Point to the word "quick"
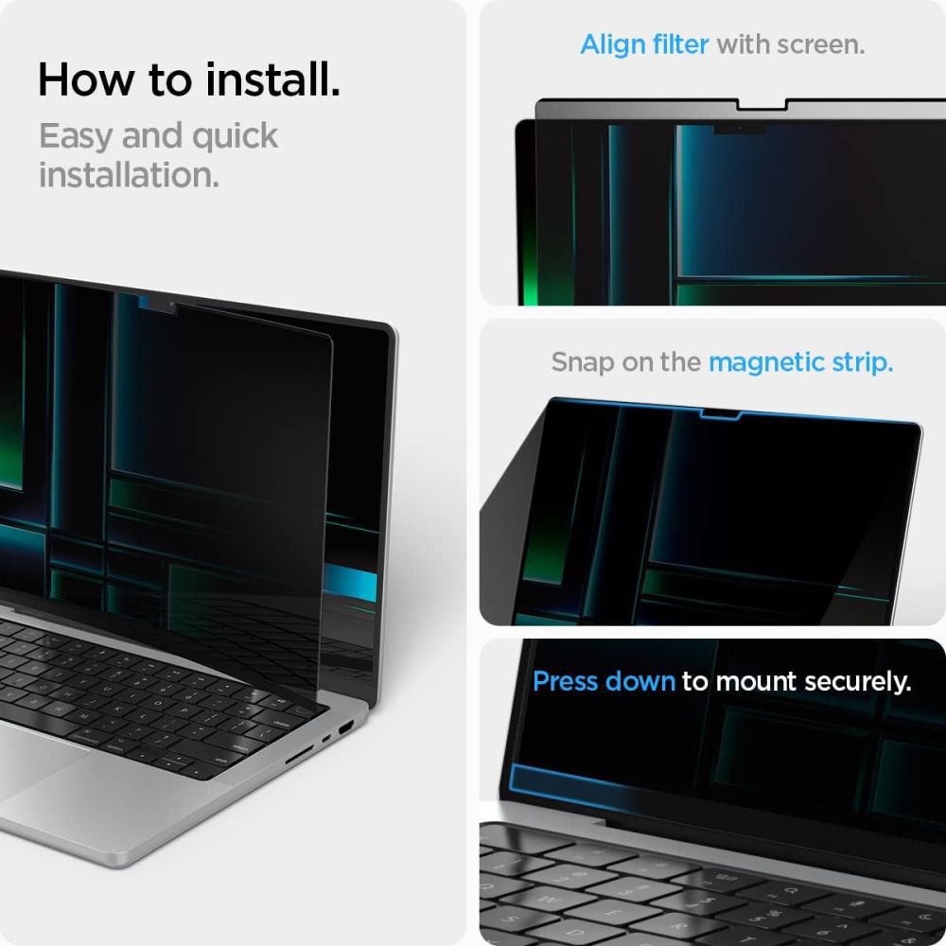click(235, 137)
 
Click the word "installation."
click(129, 175)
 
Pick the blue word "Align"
click(618, 44)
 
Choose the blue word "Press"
click(569, 681)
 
